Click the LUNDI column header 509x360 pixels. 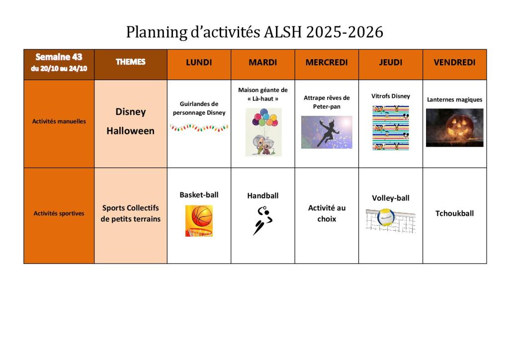199,62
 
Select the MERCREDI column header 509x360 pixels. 327,62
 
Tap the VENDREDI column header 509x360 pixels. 454,62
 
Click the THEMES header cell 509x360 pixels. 131,62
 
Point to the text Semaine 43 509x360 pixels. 59,57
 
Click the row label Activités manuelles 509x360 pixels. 59,121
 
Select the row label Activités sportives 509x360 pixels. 59,213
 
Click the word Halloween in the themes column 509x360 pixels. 131,131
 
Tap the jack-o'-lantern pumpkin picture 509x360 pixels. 454,128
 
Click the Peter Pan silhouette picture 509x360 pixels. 327,132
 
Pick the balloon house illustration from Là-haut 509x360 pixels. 263,132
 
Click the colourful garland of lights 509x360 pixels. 199,128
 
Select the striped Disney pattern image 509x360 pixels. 391,128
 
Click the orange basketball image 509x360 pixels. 199,221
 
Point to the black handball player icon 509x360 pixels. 263,220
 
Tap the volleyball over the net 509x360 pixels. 391,220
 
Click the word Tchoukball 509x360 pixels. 454,213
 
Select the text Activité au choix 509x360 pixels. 327,213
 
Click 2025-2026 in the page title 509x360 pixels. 344,32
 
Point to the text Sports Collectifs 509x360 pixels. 131,208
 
